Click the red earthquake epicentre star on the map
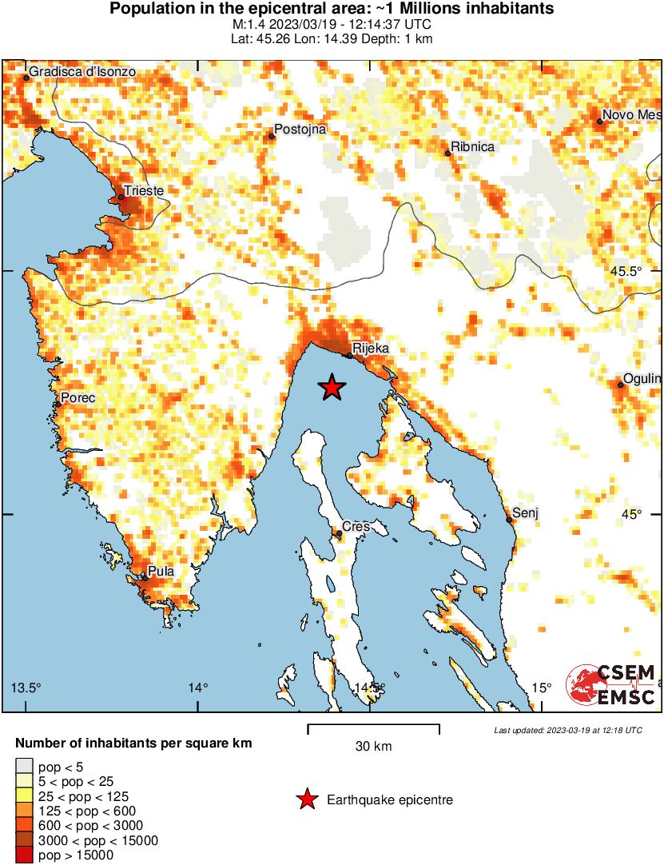coord(332,388)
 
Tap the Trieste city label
coord(145,191)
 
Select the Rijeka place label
coord(370,348)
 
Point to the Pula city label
coord(161,572)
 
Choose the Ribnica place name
coord(472,147)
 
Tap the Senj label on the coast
coord(526,512)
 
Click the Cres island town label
coord(356,527)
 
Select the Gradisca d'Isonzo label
coord(82,72)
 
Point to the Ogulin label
coord(644,378)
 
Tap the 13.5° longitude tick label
coord(26,688)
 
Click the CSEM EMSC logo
coord(611,686)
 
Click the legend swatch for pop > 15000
coord(25,855)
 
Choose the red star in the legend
coord(305,799)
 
